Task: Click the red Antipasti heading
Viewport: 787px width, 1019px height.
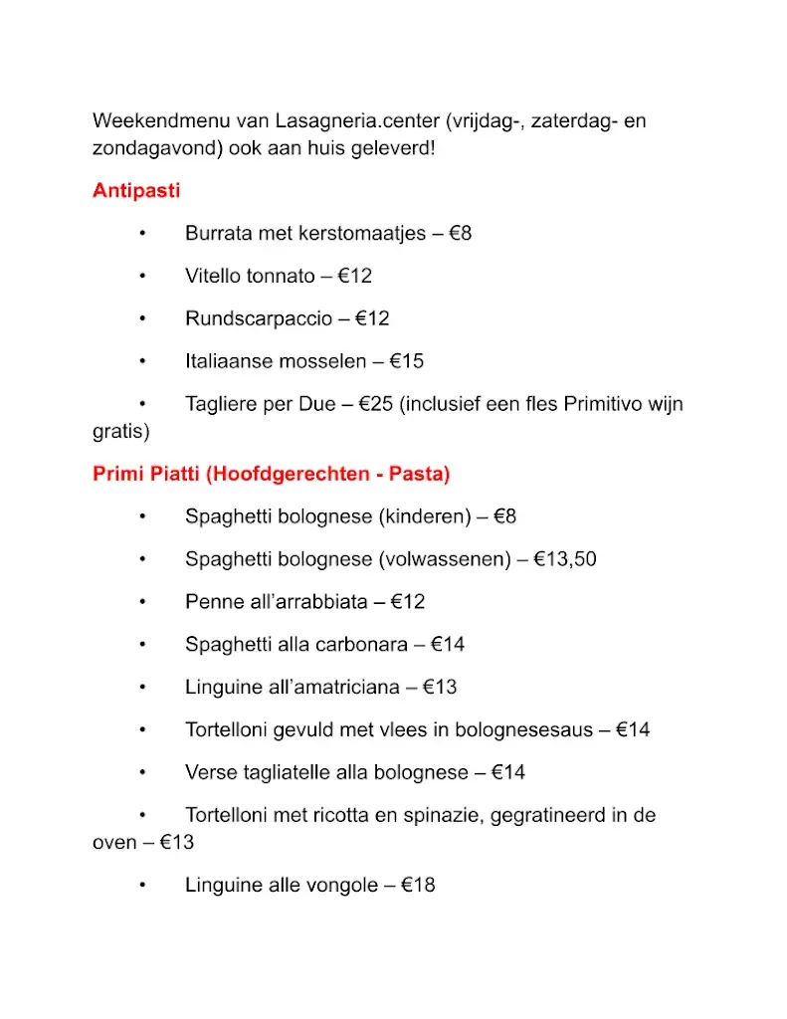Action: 136,191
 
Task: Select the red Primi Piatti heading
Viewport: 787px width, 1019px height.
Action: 271,475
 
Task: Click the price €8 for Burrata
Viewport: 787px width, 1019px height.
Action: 461,234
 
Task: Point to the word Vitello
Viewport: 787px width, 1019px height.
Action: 213,277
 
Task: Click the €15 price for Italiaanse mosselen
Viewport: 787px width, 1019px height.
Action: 407,361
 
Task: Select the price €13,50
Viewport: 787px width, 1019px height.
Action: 565,559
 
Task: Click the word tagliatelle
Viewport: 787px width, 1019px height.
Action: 288,772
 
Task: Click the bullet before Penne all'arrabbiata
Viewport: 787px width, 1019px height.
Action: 143,602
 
